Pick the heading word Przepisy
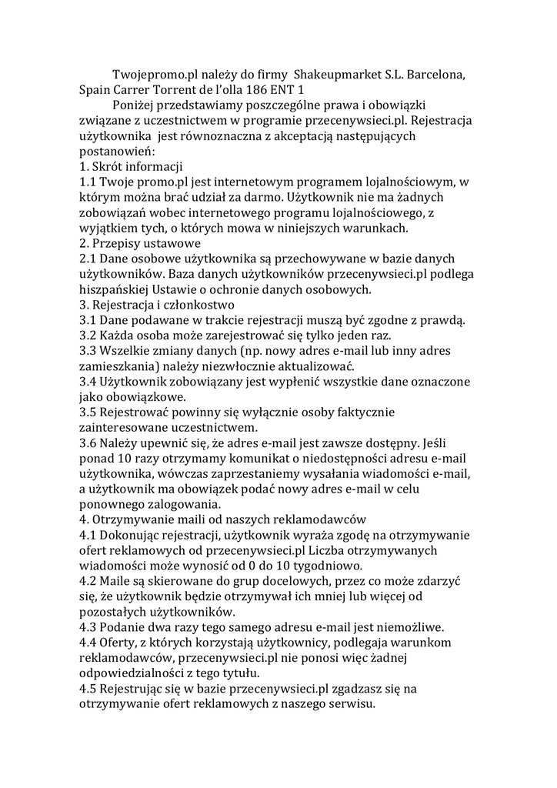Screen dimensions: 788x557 122,244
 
